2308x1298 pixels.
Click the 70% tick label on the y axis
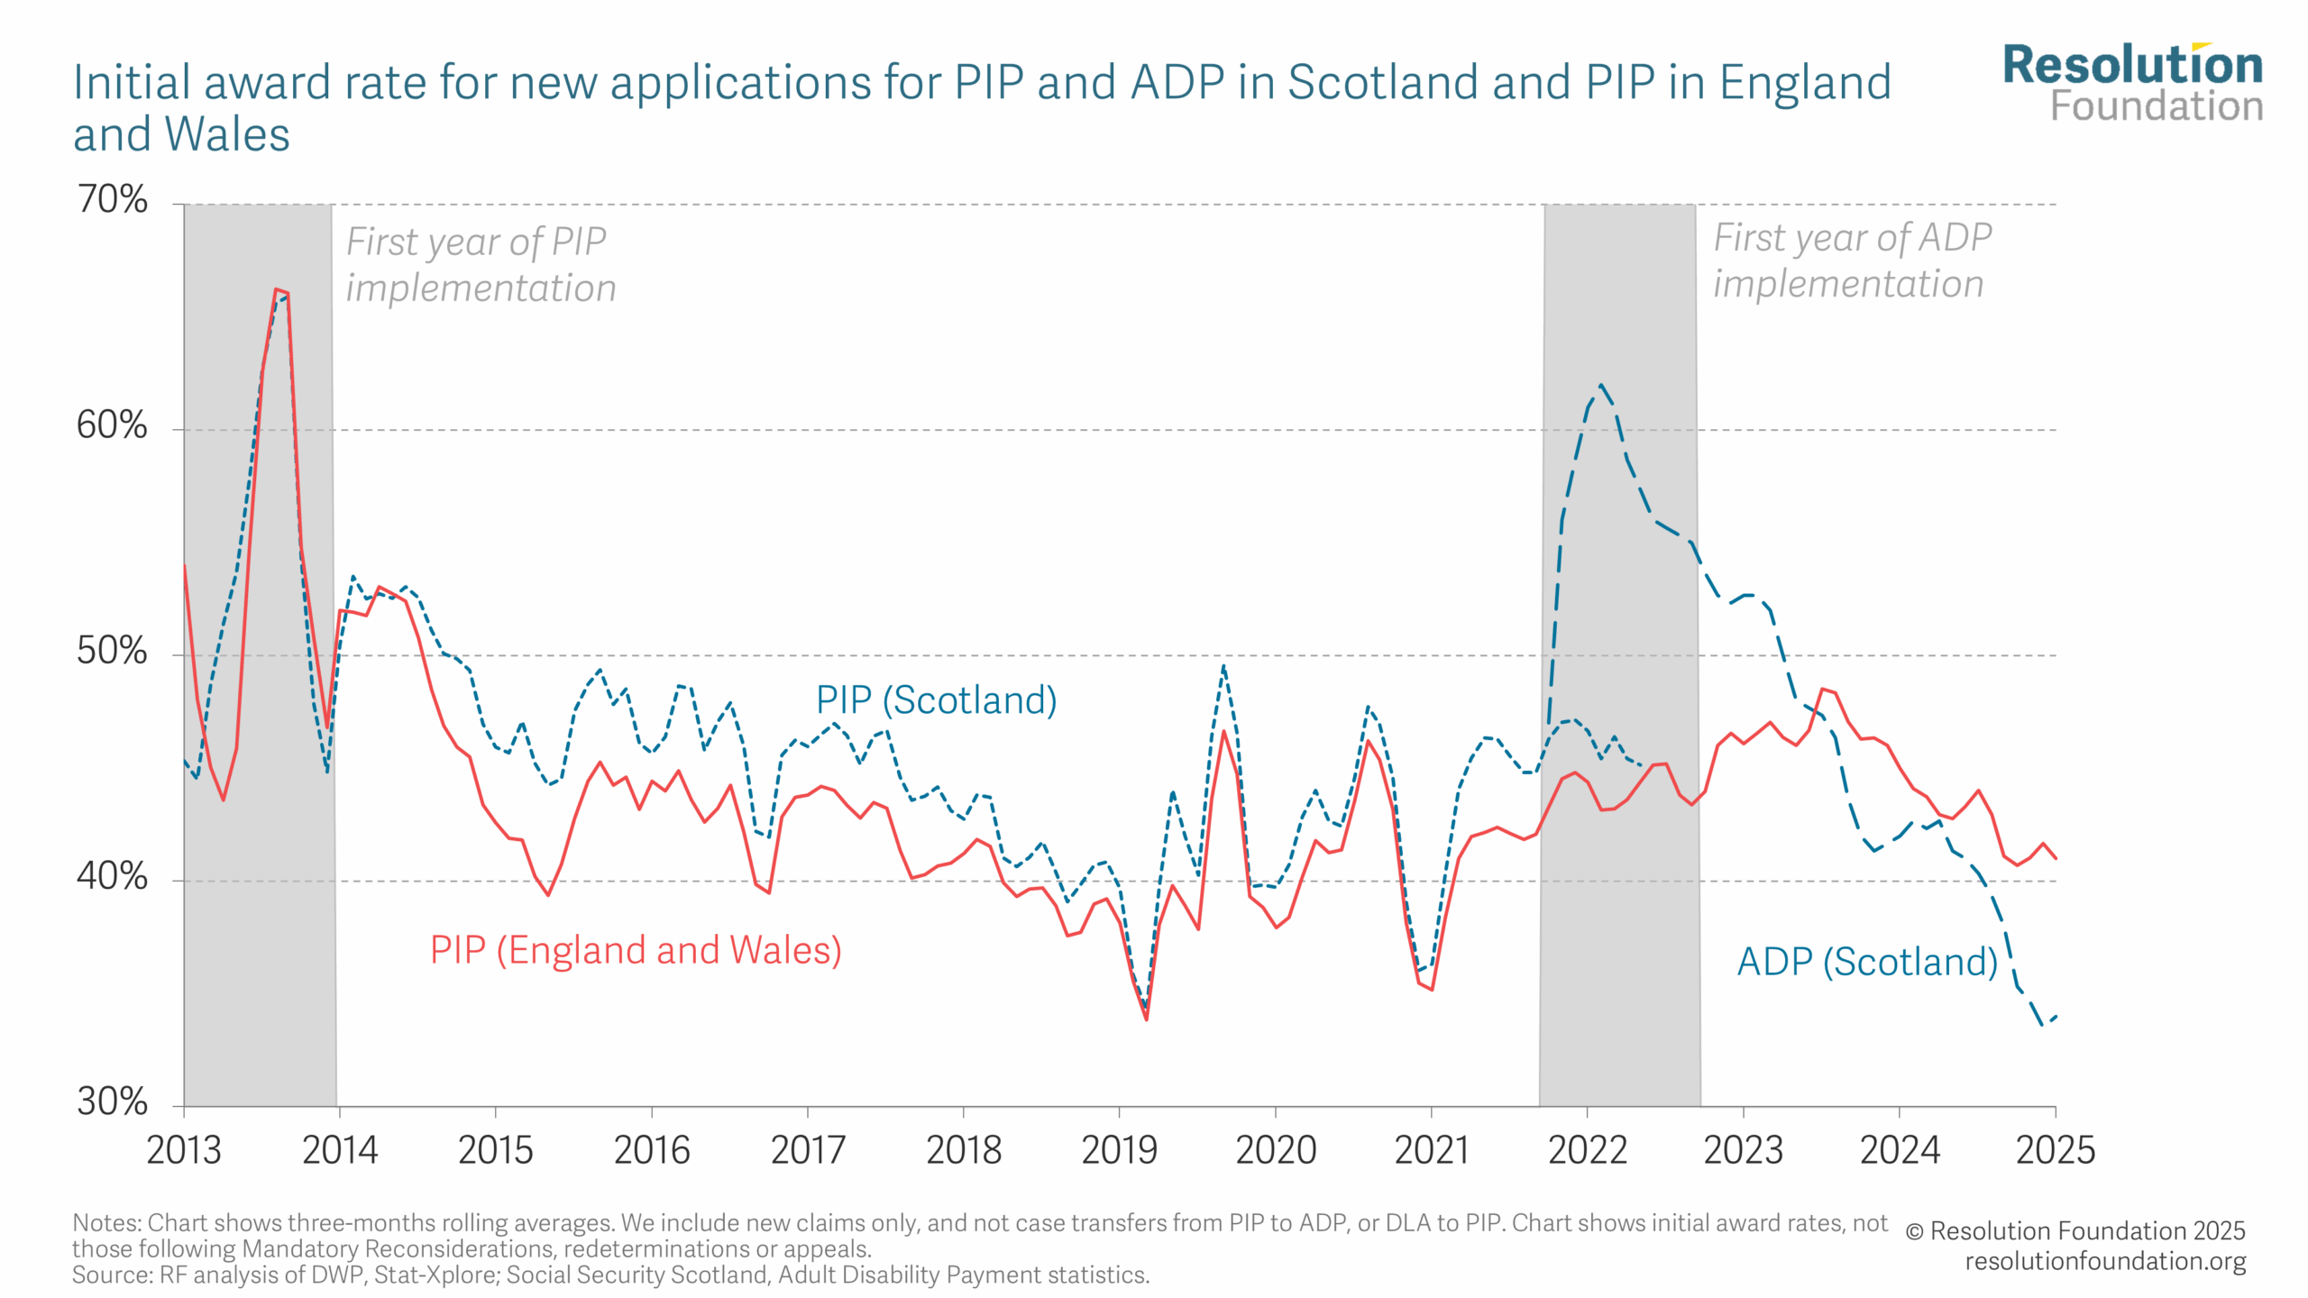[112, 199]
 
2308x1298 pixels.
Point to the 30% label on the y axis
[112, 1101]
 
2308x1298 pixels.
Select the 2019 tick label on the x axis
[1119, 1150]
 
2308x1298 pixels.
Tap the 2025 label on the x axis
[2056, 1150]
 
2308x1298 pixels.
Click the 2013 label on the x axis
[184, 1150]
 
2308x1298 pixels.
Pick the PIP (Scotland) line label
[936, 700]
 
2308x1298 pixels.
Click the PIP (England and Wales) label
[636, 950]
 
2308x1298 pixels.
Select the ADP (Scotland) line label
[1867, 962]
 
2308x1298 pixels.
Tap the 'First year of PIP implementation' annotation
[481, 265]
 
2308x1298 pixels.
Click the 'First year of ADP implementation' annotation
[1852, 261]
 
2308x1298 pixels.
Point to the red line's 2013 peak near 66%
[276, 289]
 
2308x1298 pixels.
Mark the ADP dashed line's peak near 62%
[1600, 385]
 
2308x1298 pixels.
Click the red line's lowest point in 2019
[1146, 1019]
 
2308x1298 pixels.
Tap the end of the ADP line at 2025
[2056, 1017]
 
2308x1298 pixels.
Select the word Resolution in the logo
[2133, 65]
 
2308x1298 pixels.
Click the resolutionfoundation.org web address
[2105, 1261]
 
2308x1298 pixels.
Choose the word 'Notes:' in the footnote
[107, 1223]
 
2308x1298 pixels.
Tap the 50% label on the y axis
[112, 651]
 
